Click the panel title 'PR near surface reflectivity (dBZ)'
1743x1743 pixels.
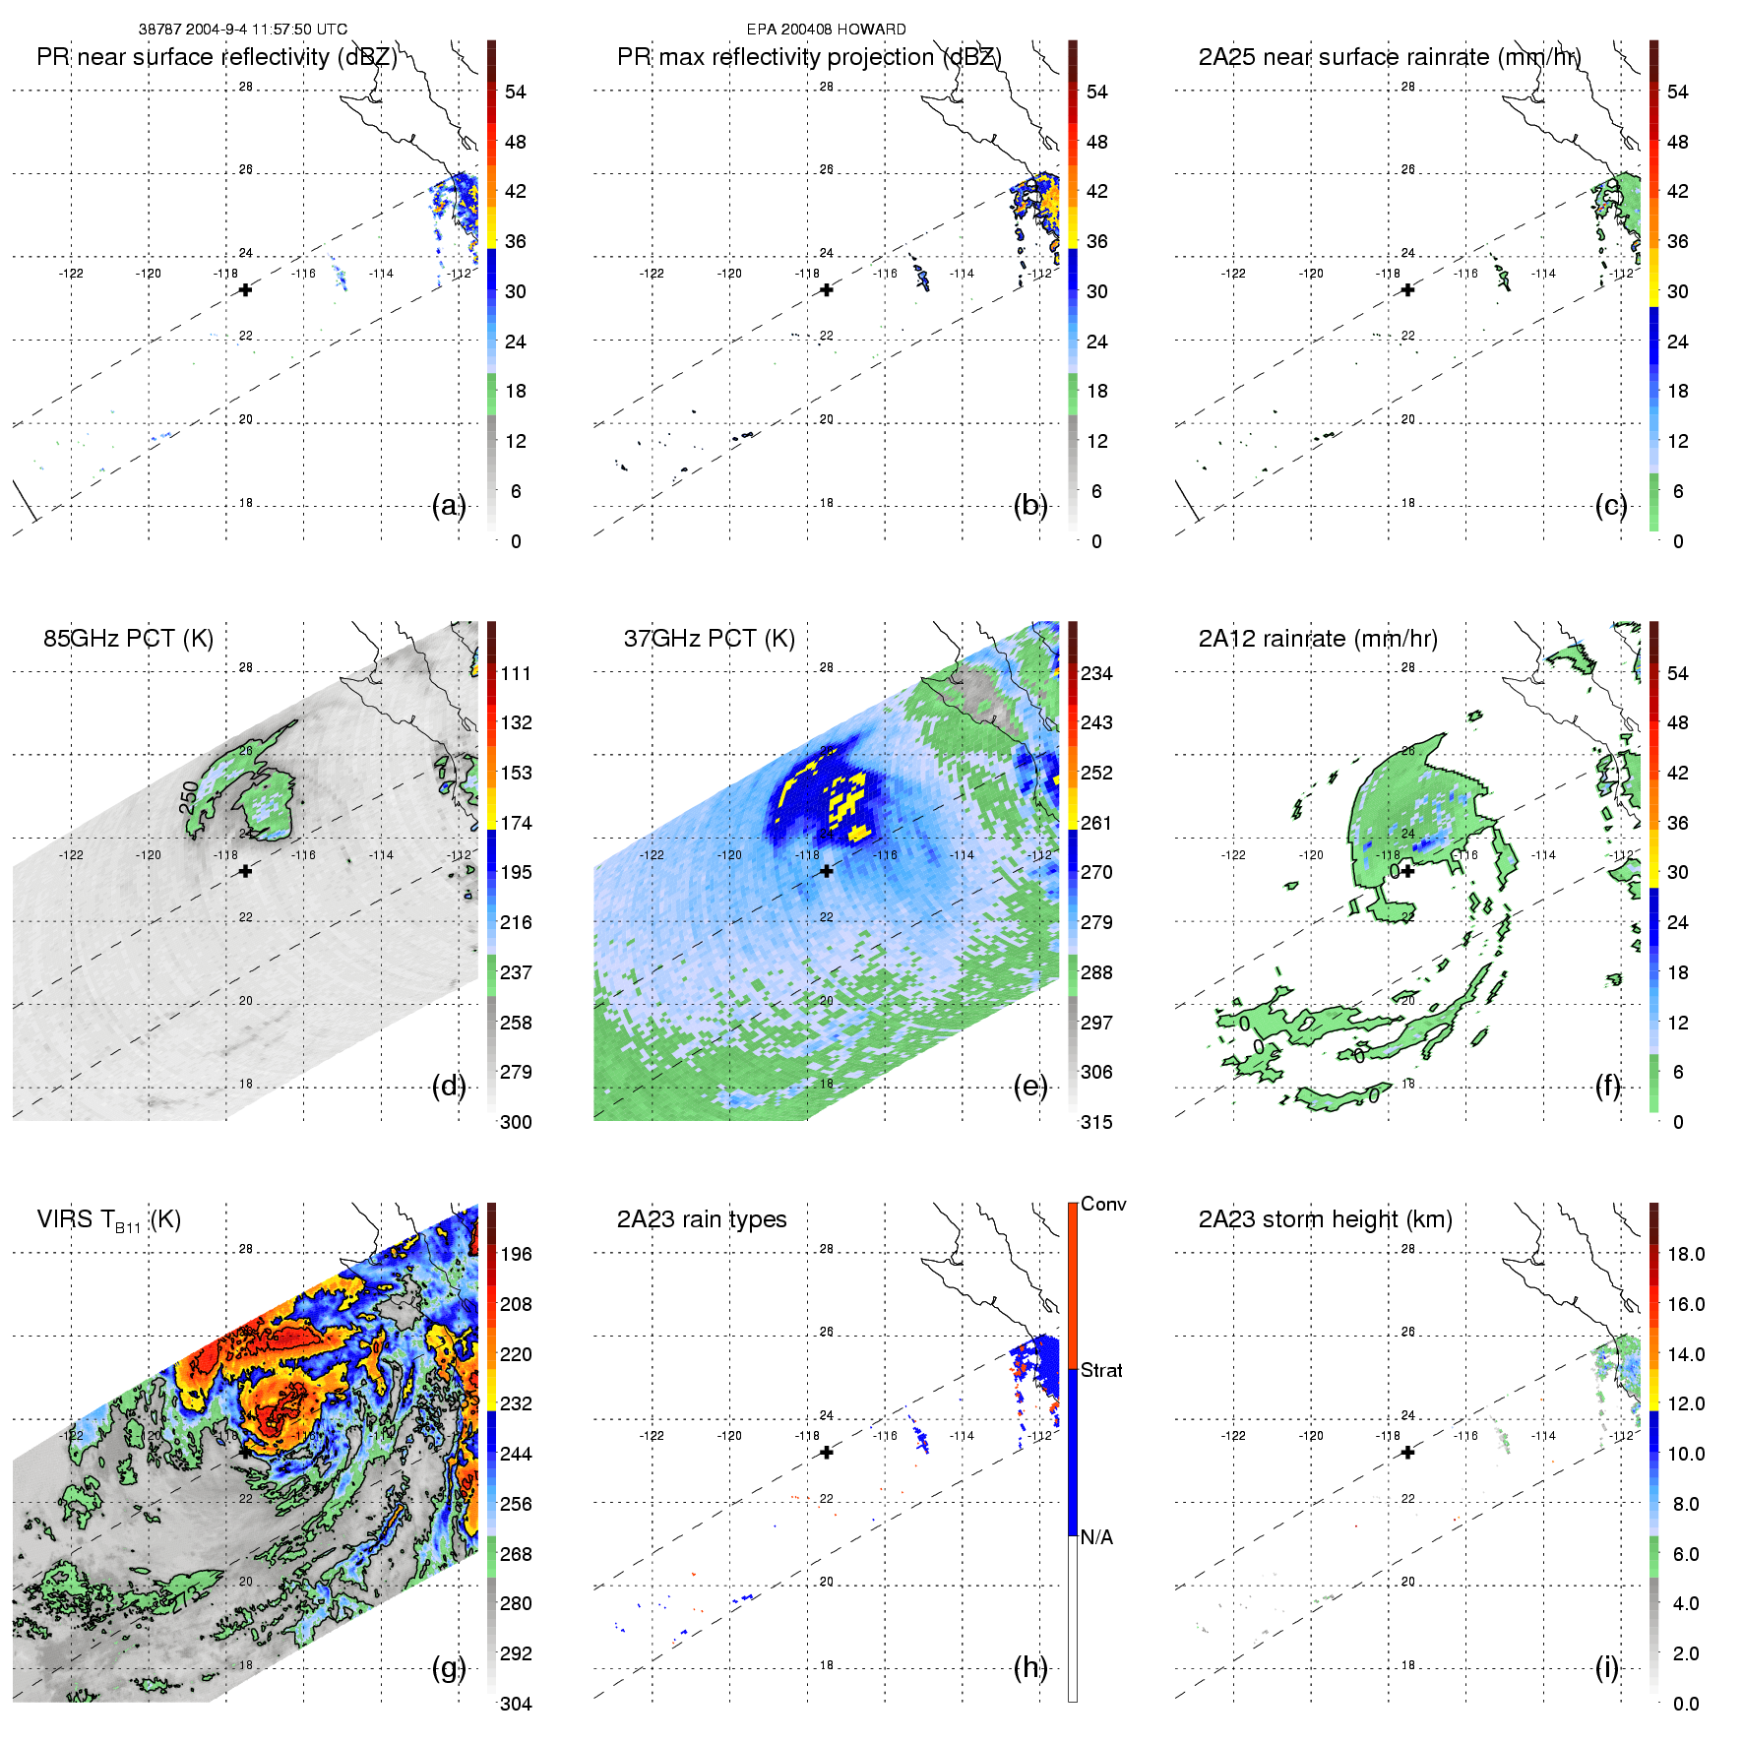(217, 57)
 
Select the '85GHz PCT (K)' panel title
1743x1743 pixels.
(128, 639)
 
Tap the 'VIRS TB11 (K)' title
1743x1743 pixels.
(108, 1220)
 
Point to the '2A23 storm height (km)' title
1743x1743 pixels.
(1325, 1220)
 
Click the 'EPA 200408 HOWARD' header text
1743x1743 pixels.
(826, 30)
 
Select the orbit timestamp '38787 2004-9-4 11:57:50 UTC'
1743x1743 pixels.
(242, 30)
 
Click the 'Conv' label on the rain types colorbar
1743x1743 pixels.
(1103, 1205)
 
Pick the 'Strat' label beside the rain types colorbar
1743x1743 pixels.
(1101, 1371)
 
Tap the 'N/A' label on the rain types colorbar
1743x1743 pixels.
(1096, 1537)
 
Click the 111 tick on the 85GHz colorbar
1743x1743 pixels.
(516, 674)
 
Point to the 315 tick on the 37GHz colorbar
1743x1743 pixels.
(1096, 1123)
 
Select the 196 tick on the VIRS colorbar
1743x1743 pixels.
(516, 1255)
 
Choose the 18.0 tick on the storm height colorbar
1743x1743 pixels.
(1685, 1255)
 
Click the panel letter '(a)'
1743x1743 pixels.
(449, 506)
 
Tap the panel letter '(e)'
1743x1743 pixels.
(1030, 1087)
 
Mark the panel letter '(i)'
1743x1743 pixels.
(1607, 1667)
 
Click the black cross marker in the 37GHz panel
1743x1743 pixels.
(827, 871)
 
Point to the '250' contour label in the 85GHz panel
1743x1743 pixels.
(189, 797)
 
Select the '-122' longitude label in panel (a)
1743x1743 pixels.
(71, 274)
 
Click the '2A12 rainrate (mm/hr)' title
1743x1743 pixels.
(1318, 639)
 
